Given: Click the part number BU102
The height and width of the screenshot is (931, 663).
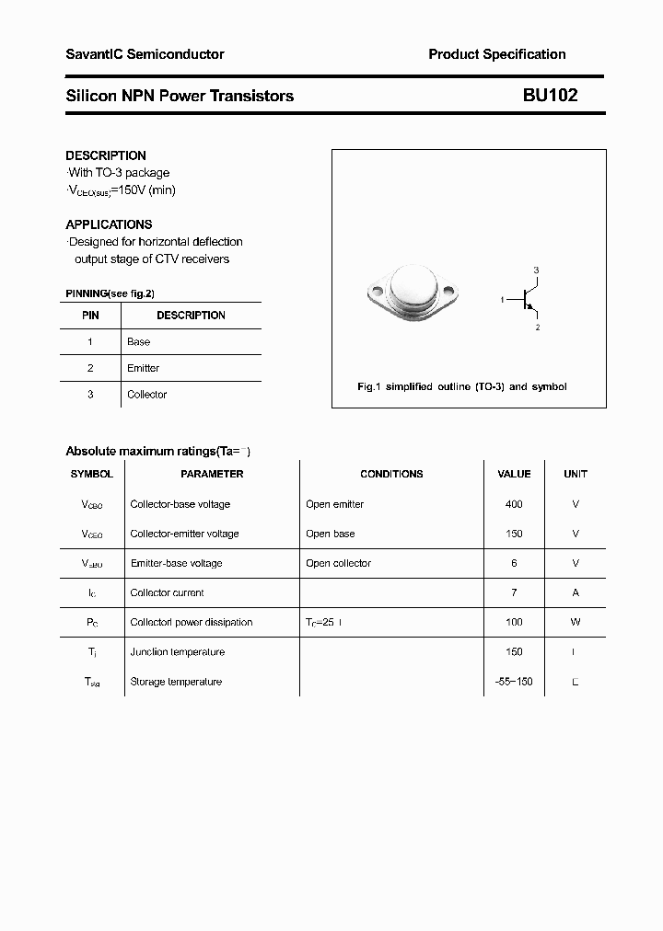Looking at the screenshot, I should click(x=550, y=95).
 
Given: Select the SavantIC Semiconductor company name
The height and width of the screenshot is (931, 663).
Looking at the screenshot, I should click(x=145, y=54).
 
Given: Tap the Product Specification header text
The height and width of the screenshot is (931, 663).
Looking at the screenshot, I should click(x=497, y=54).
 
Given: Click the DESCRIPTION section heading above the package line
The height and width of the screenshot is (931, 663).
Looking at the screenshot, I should click(x=106, y=155).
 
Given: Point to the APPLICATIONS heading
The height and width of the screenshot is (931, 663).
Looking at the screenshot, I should click(x=109, y=224).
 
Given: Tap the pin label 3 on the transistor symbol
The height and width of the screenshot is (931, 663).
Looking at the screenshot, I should click(x=537, y=270).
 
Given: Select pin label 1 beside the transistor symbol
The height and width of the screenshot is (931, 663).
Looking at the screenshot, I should click(x=503, y=300).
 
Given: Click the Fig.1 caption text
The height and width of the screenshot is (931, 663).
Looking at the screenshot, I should click(x=461, y=386).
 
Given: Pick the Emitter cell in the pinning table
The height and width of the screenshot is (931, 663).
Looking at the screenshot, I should click(x=144, y=368).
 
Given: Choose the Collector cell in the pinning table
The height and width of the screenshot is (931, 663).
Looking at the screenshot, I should click(x=147, y=395).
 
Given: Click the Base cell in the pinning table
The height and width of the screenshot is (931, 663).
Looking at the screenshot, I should click(x=139, y=341).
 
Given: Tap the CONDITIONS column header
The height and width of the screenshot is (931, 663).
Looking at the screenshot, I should click(x=391, y=474).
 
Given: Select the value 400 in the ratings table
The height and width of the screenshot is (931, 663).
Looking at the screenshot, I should click(x=514, y=504).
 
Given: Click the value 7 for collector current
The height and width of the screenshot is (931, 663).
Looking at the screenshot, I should click(x=514, y=592).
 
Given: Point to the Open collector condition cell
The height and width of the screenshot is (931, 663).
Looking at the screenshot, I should click(x=338, y=563).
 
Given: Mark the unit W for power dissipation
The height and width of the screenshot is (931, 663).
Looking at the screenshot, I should click(x=576, y=622).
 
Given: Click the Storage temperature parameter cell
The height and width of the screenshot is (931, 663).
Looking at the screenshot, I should click(x=176, y=682).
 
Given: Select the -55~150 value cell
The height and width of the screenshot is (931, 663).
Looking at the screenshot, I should click(x=514, y=682).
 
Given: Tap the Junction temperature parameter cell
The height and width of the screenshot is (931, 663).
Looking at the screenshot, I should click(x=178, y=651).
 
